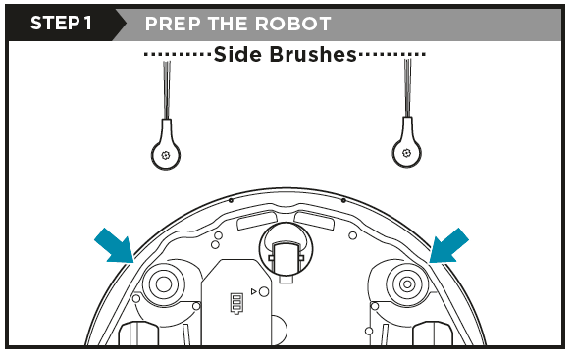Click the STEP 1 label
click(61, 23)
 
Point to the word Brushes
click(315, 55)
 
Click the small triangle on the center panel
click(252, 292)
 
